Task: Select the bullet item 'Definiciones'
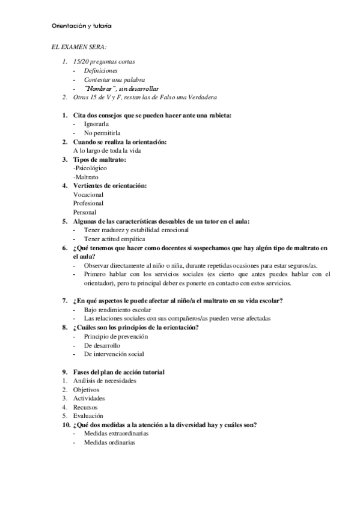tap(100, 70)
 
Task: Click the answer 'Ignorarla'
tap(97, 124)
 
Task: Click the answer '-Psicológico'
tap(90, 168)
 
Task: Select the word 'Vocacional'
tap(88, 195)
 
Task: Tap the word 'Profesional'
tap(88, 204)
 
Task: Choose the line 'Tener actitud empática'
tap(115, 239)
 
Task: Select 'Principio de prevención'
tap(116, 336)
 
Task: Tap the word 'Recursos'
tap(85, 407)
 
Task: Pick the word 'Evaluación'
tap(88, 416)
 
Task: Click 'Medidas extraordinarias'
tap(116, 434)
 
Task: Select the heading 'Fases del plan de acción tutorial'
tap(118, 372)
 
